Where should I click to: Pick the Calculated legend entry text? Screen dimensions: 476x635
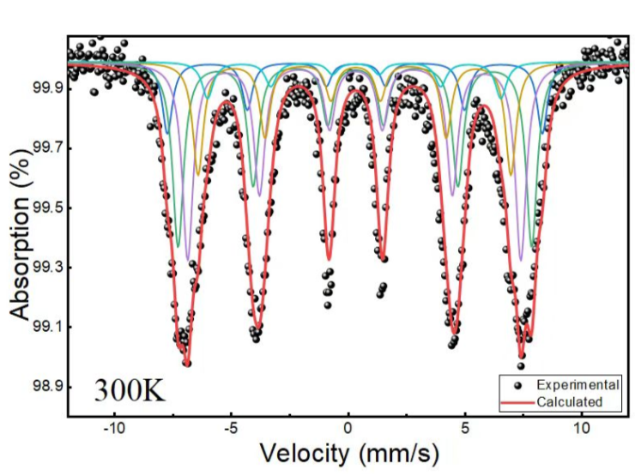click(x=570, y=402)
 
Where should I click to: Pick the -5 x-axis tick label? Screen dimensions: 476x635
click(x=230, y=427)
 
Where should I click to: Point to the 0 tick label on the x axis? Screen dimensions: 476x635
click(x=348, y=427)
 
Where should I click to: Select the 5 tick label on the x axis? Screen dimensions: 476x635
click(x=464, y=427)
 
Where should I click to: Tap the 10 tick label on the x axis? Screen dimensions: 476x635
click(x=582, y=427)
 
